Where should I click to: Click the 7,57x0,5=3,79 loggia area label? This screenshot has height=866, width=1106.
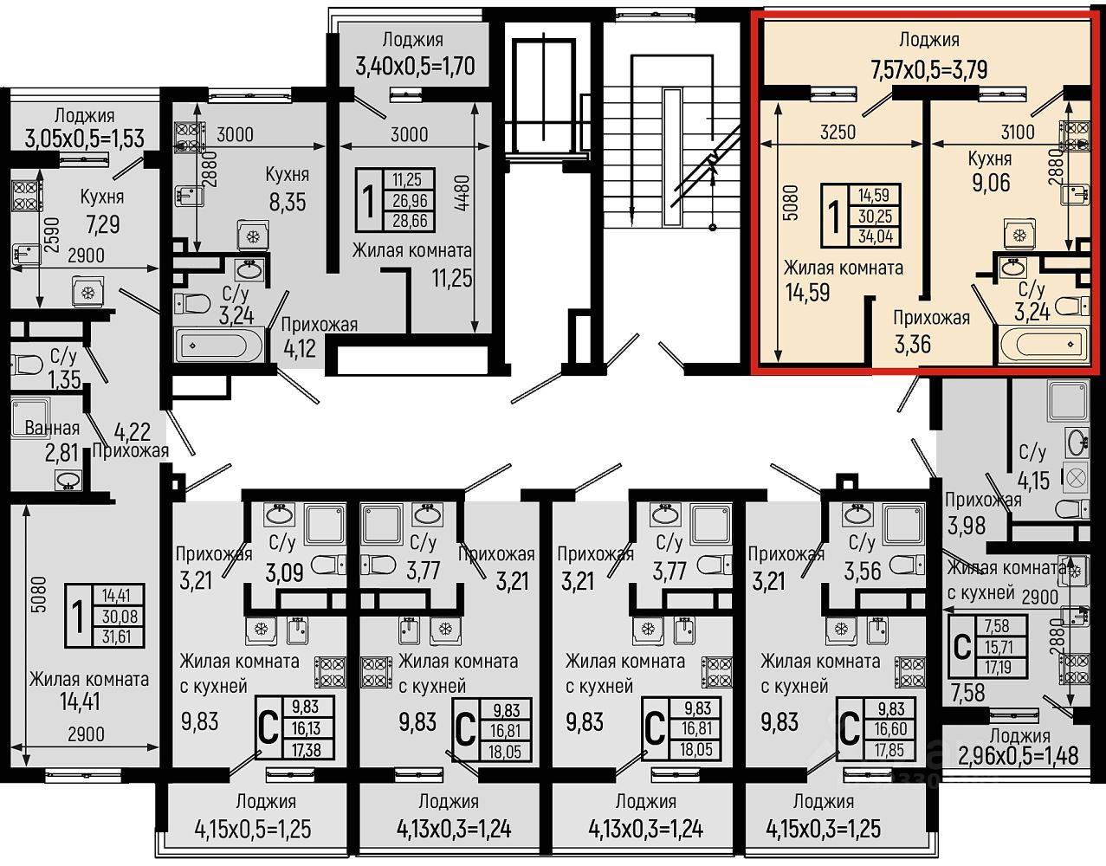[928, 69]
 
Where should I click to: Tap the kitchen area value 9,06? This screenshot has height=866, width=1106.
[991, 183]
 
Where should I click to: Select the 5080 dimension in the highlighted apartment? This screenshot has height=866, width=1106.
[791, 203]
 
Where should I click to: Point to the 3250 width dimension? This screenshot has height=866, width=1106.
[838, 132]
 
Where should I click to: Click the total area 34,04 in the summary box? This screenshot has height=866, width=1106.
[876, 236]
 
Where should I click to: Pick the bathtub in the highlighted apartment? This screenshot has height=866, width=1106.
[1044, 345]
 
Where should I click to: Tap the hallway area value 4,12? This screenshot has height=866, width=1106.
[300, 349]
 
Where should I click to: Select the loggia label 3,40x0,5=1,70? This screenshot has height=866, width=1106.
[415, 67]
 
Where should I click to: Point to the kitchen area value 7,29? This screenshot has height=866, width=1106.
[102, 224]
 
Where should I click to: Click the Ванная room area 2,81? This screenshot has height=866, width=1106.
[61, 453]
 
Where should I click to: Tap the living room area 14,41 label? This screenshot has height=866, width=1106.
[80, 701]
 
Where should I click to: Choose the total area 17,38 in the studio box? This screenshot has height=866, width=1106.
[306, 749]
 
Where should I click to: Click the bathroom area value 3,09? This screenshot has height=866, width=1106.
[285, 572]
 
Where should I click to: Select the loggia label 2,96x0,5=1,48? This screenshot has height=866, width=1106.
[1018, 756]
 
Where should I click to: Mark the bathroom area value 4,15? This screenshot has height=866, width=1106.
[1033, 481]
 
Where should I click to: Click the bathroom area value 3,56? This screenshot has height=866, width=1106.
[863, 572]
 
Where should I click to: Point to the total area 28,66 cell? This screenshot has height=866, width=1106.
[409, 222]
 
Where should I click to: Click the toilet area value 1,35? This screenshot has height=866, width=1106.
[64, 379]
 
